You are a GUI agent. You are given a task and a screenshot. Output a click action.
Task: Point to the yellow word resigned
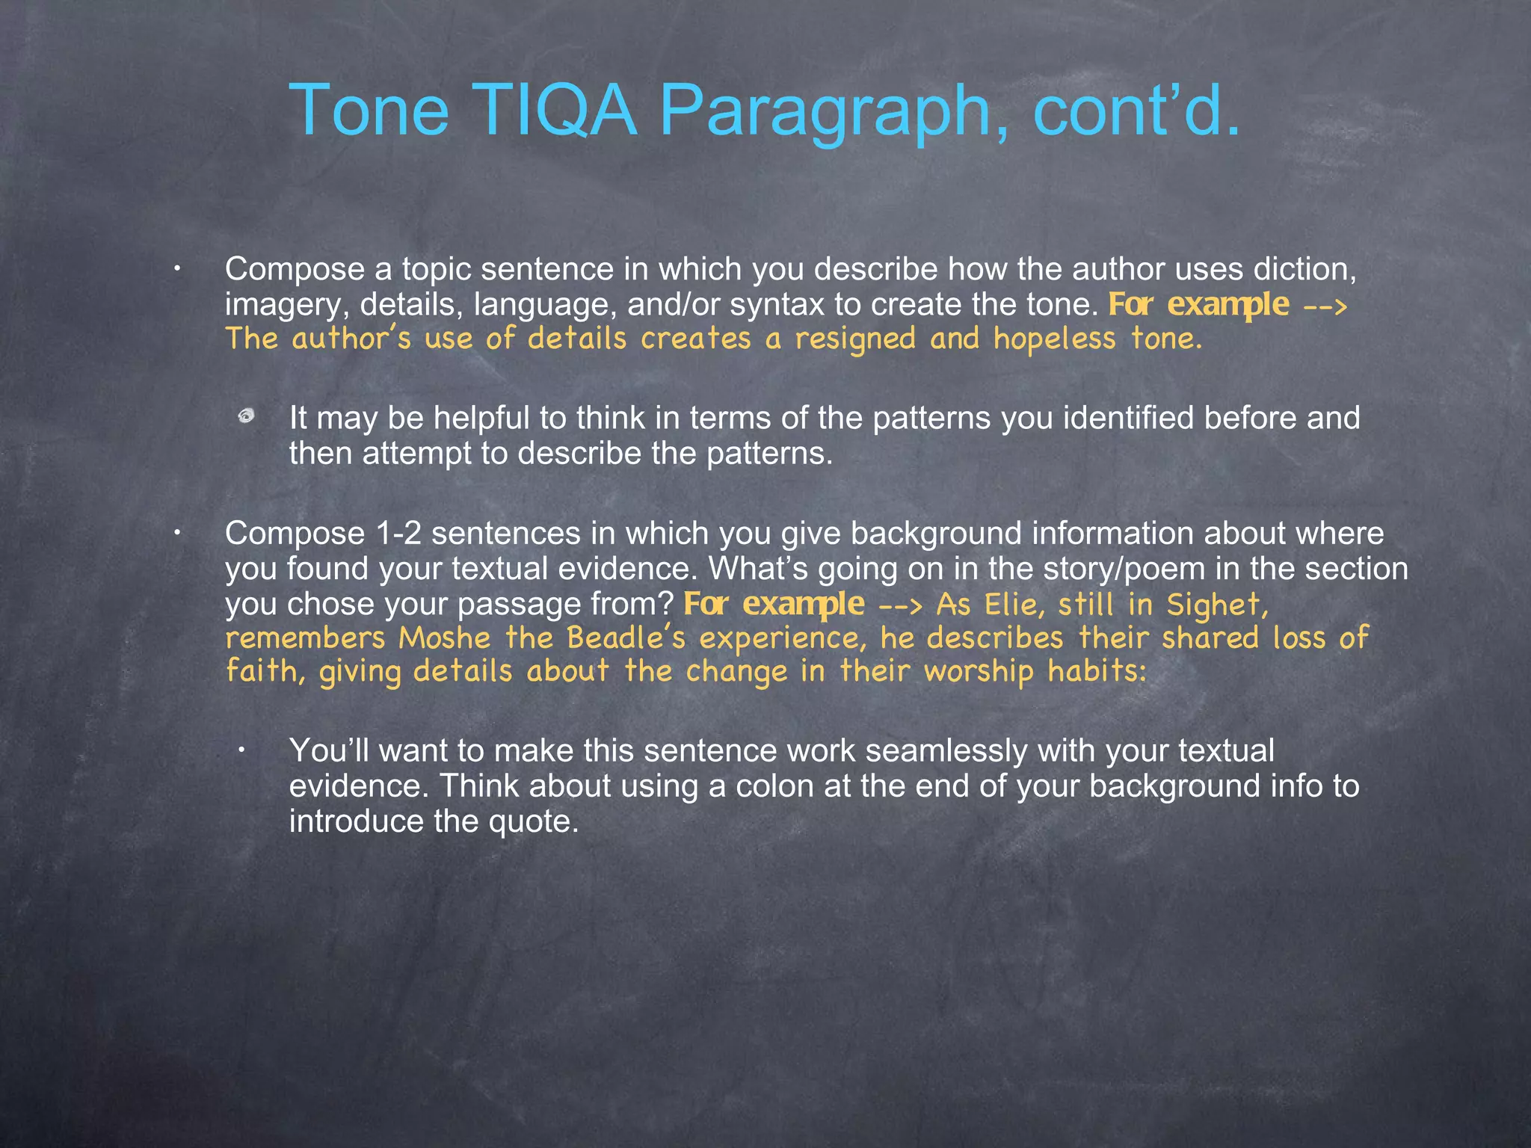pos(854,339)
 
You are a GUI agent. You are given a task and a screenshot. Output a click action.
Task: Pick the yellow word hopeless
pos(1054,339)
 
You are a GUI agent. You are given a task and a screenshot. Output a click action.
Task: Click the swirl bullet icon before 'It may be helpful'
pos(247,416)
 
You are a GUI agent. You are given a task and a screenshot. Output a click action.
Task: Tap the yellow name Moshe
pos(445,638)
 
